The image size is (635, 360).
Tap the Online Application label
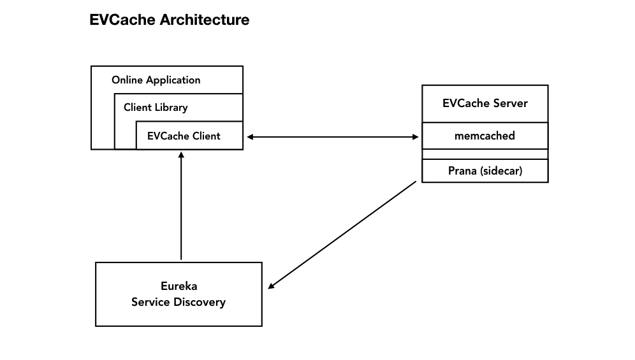pos(156,80)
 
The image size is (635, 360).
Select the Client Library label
pos(156,107)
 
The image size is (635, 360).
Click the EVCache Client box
pos(189,136)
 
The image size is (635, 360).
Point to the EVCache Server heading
pos(485,103)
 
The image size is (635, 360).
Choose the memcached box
pos(485,136)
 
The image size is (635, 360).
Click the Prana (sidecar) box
pos(485,171)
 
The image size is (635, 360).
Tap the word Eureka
pos(179,286)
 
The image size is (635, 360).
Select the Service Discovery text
pos(179,302)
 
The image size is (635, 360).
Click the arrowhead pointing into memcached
pos(414,136)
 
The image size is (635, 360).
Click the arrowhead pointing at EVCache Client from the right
pos(251,136)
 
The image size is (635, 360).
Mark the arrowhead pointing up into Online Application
pos(181,155)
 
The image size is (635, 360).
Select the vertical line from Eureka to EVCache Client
pos(181,210)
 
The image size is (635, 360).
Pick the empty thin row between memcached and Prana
pos(485,154)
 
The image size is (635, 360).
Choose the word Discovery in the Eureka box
pos(201,302)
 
